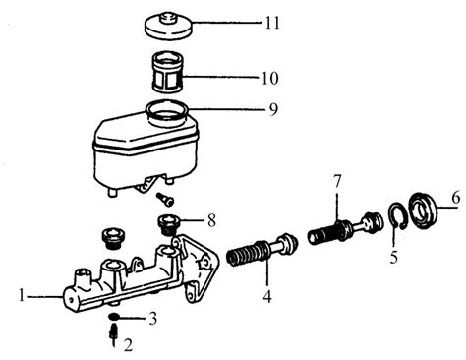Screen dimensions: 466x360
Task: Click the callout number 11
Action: click(x=272, y=23)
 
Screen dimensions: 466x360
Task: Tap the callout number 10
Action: click(x=269, y=78)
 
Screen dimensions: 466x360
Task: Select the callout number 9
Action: click(x=273, y=109)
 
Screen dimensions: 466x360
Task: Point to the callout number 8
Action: click(x=211, y=220)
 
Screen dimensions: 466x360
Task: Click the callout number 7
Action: click(x=337, y=181)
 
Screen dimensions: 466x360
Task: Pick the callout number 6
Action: click(x=455, y=198)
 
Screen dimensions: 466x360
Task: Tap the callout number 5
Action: click(x=394, y=257)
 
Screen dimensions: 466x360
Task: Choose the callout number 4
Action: click(x=267, y=296)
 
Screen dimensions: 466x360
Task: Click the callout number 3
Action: click(x=152, y=318)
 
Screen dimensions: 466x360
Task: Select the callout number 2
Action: click(x=128, y=345)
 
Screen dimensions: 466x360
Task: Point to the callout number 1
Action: click(x=22, y=296)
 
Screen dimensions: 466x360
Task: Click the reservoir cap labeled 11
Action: click(x=168, y=26)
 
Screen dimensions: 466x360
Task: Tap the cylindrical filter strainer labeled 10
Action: click(x=168, y=72)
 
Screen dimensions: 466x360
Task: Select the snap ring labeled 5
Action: click(x=397, y=215)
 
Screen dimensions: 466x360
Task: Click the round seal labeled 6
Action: click(x=423, y=210)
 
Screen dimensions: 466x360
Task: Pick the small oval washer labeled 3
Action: click(x=114, y=317)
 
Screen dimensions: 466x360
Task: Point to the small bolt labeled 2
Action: click(x=113, y=334)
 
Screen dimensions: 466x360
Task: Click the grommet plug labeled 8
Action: click(x=168, y=225)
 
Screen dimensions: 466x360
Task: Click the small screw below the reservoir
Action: click(x=165, y=199)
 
